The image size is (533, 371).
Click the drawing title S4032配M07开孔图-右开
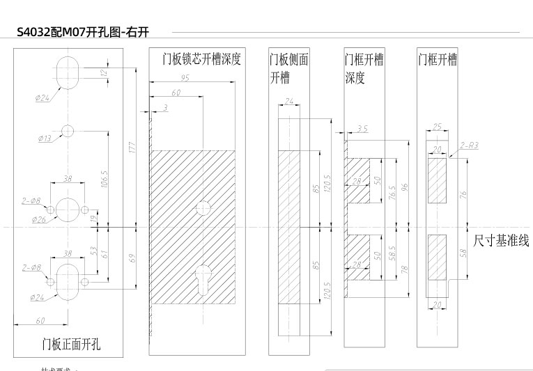click(x=83, y=32)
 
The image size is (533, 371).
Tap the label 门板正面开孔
click(x=71, y=343)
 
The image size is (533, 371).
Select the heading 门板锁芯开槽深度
click(x=201, y=59)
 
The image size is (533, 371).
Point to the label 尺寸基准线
click(x=501, y=241)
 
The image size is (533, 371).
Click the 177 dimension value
click(x=132, y=147)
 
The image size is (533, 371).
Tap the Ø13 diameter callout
click(x=44, y=139)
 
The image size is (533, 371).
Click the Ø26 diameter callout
click(x=39, y=220)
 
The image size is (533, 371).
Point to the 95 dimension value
click(x=185, y=79)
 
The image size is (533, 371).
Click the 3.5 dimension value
click(x=362, y=129)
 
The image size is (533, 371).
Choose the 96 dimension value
click(x=405, y=187)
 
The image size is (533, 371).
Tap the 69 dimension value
click(x=132, y=258)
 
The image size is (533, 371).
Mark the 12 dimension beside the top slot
click(x=104, y=72)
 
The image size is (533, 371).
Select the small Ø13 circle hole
click(x=68, y=130)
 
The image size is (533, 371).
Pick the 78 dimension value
click(x=405, y=268)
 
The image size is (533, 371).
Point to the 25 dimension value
click(x=437, y=127)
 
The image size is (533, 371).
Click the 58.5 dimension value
click(x=393, y=253)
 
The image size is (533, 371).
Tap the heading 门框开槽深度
click(x=364, y=69)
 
